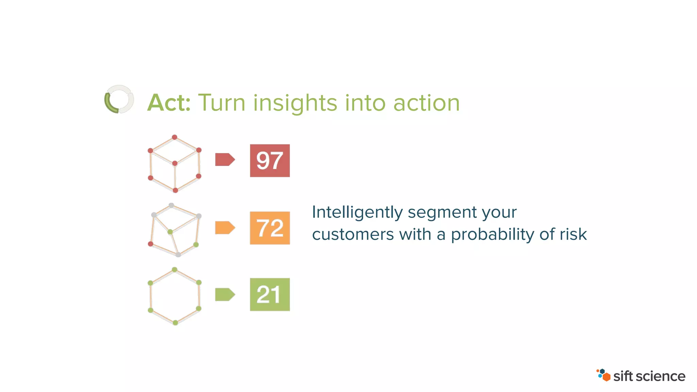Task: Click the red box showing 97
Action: (270, 161)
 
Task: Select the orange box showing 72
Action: (270, 228)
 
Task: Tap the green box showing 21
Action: (270, 294)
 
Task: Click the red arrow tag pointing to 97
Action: (225, 160)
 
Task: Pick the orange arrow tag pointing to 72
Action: (225, 228)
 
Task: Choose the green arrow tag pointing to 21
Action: (225, 294)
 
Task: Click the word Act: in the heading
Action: (169, 103)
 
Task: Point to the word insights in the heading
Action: (295, 103)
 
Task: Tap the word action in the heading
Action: (426, 103)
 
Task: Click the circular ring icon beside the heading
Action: (119, 99)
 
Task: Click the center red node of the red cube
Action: (175, 164)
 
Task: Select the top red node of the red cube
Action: (175, 137)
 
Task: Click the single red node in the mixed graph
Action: (150, 244)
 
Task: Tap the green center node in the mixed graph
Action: (170, 232)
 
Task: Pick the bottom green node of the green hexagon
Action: (175, 323)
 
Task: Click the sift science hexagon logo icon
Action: (604, 375)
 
